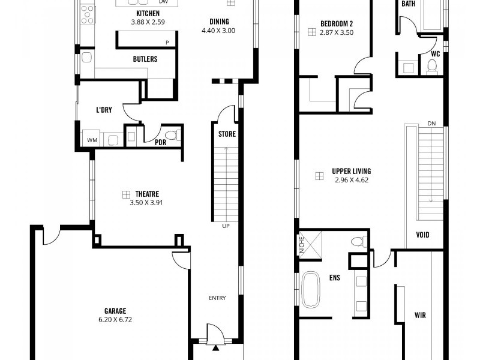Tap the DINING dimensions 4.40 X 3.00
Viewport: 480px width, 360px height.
(x=218, y=30)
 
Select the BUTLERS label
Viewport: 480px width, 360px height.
(x=145, y=59)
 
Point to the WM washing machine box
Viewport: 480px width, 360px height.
(x=92, y=140)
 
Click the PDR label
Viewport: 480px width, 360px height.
(x=160, y=143)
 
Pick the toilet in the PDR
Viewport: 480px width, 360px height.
(x=172, y=136)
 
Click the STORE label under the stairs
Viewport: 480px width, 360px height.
(x=226, y=134)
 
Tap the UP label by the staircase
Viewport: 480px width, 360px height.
(x=226, y=226)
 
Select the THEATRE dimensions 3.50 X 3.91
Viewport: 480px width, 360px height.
(x=146, y=203)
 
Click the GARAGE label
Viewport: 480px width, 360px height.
(x=115, y=311)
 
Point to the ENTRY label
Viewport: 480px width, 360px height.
(x=217, y=298)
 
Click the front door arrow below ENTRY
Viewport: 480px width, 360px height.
(x=215, y=347)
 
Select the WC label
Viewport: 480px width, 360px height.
(x=436, y=53)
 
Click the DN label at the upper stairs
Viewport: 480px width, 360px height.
(x=431, y=124)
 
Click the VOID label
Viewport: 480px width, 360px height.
(x=422, y=235)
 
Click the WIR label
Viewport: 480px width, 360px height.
(x=420, y=314)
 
